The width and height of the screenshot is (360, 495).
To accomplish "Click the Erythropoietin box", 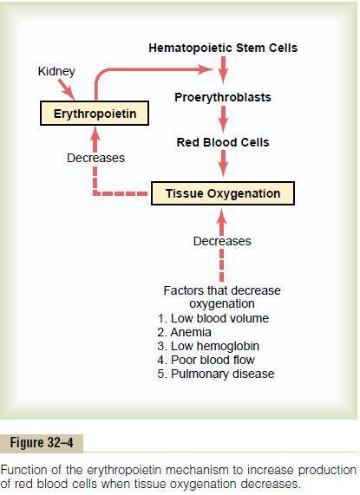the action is (x=95, y=114).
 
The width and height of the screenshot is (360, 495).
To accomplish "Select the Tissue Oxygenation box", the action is (x=223, y=193).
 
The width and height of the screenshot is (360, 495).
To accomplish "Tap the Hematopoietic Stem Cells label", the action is (x=223, y=48).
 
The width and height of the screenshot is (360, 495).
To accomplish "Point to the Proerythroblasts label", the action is (x=223, y=97).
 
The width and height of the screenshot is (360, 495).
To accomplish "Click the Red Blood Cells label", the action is (x=223, y=142).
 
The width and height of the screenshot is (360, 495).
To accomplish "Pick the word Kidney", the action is (x=56, y=72).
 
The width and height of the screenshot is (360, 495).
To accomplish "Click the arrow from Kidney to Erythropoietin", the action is (x=67, y=89).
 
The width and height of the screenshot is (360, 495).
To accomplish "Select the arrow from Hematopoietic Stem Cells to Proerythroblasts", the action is (x=223, y=70).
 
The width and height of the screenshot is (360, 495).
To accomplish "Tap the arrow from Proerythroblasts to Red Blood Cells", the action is (x=223, y=120).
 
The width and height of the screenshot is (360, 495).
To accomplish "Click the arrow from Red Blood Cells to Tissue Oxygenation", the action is (x=223, y=164).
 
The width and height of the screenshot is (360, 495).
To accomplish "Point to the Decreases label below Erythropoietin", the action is (x=95, y=158).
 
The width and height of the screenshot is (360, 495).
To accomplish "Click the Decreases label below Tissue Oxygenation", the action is (x=222, y=241).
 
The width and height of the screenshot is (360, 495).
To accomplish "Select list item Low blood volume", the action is (x=213, y=318).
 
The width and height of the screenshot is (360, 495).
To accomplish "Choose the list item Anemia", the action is (x=185, y=332).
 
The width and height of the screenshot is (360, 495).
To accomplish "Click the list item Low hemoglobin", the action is (x=208, y=346).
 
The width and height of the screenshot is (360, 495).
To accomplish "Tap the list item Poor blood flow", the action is (x=206, y=360).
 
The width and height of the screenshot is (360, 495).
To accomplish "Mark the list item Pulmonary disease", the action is (x=216, y=375).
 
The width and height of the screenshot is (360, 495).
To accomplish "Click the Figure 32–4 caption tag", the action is (x=42, y=443).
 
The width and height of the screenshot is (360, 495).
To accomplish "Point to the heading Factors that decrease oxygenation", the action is (x=222, y=297).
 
